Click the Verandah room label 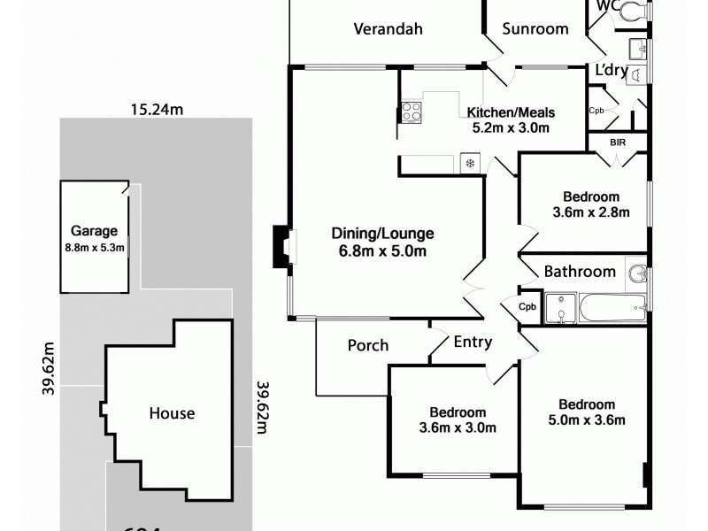click(x=388, y=28)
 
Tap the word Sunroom click(x=535, y=28)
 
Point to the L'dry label click(x=611, y=70)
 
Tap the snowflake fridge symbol click(x=470, y=164)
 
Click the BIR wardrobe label click(x=618, y=142)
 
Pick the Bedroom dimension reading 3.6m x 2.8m click(x=590, y=212)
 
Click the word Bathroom click(x=579, y=272)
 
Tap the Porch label click(x=368, y=345)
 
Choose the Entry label click(x=473, y=342)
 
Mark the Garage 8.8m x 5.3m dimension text click(x=94, y=249)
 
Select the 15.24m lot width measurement click(x=157, y=111)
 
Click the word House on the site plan click(x=172, y=413)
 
